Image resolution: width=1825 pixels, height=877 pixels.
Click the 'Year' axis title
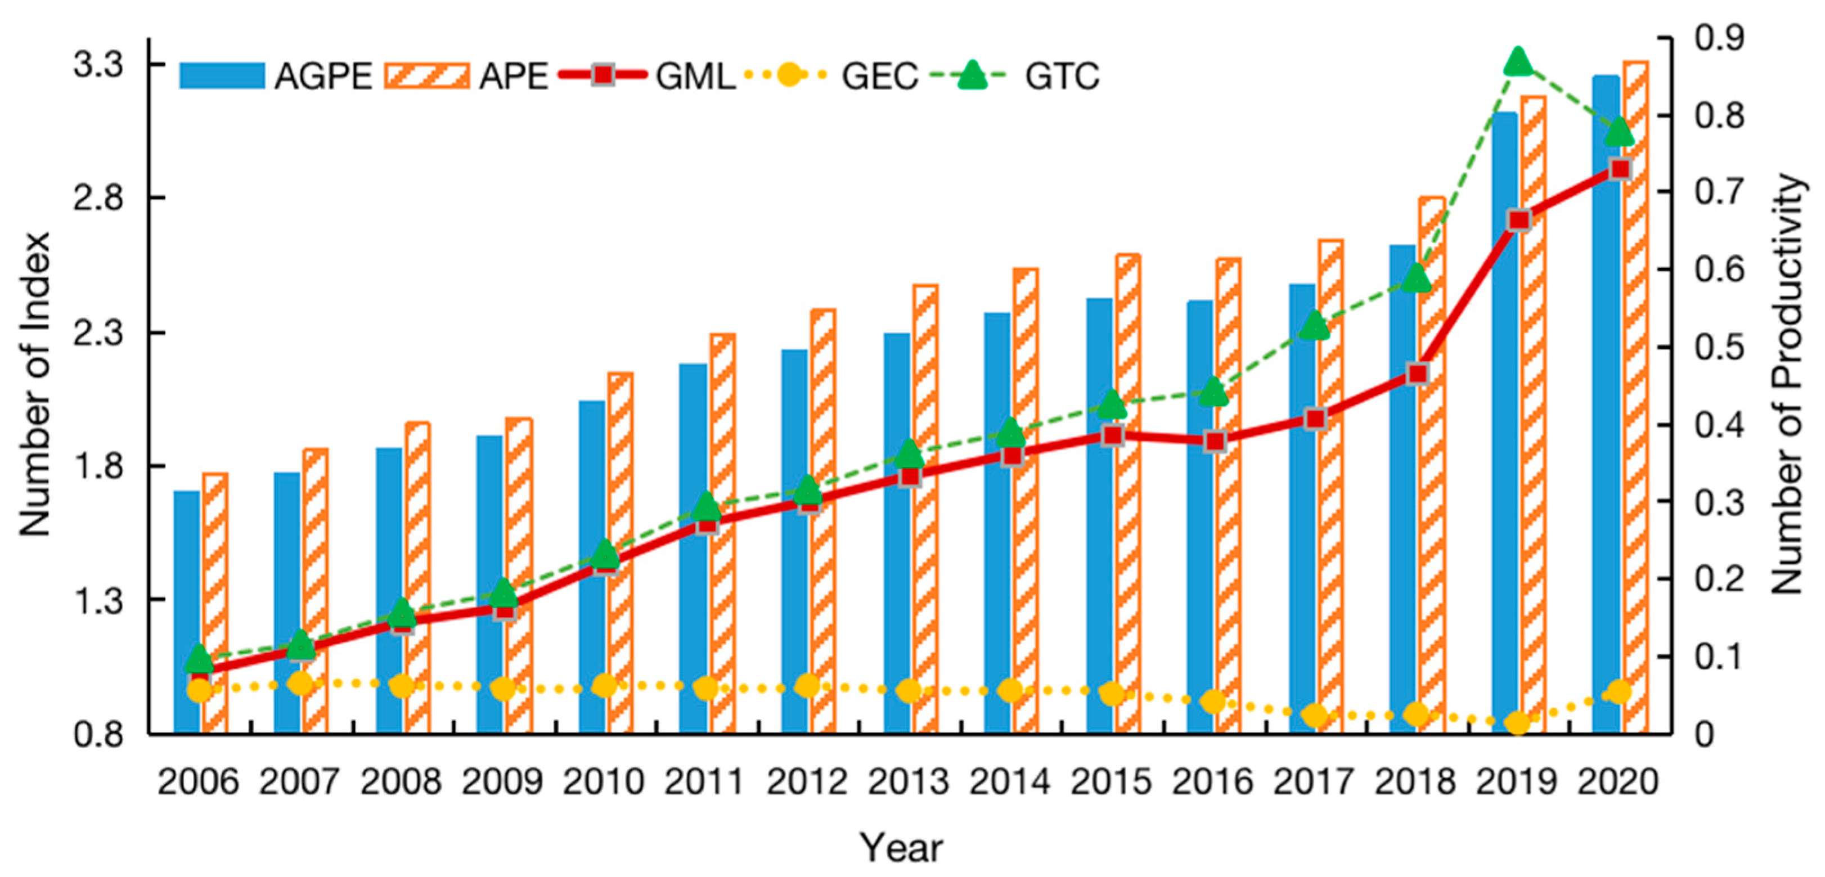(901, 847)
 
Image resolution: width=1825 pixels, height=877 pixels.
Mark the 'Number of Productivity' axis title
(1786, 383)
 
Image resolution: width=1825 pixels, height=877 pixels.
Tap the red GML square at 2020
(1620, 169)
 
